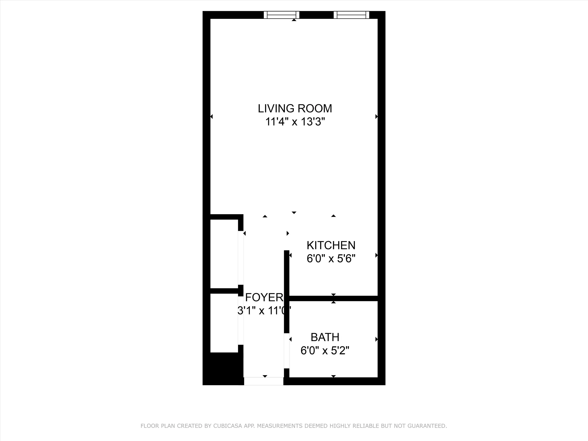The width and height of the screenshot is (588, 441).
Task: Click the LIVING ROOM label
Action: click(x=295, y=108)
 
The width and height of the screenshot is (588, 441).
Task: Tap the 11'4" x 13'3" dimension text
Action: click(x=295, y=122)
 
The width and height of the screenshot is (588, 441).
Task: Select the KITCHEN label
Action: click(x=331, y=245)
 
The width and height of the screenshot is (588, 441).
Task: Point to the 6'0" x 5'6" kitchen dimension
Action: click(x=331, y=259)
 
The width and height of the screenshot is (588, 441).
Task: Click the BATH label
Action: click(x=325, y=337)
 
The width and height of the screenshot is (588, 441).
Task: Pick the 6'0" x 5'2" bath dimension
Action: click(x=325, y=351)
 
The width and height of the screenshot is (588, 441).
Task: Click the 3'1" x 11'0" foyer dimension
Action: click(x=264, y=310)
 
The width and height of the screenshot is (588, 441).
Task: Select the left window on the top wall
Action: click(x=281, y=15)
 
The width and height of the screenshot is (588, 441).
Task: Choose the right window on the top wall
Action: click(x=351, y=15)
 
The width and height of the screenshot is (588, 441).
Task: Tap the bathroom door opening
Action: click(x=287, y=351)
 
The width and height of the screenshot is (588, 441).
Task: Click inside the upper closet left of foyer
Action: click(x=224, y=254)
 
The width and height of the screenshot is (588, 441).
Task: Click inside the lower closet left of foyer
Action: click(x=224, y=323)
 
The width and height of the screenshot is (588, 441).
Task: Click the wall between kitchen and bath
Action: click(x=333, y=299)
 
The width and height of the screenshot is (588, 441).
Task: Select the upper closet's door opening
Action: click(x=240, y=258)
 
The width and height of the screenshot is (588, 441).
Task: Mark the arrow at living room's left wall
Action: click(x=212, y=116)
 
